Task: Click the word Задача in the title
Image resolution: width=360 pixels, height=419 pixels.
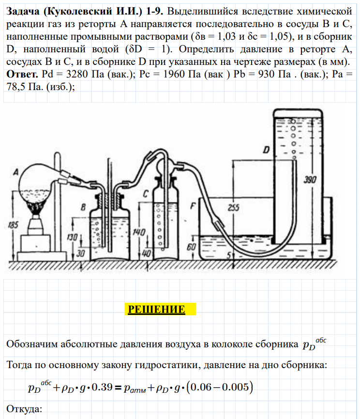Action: pyautogui.click(x=23, y=11)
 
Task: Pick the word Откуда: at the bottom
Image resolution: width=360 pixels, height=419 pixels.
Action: pyautogui.click(x=22, y=409)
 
